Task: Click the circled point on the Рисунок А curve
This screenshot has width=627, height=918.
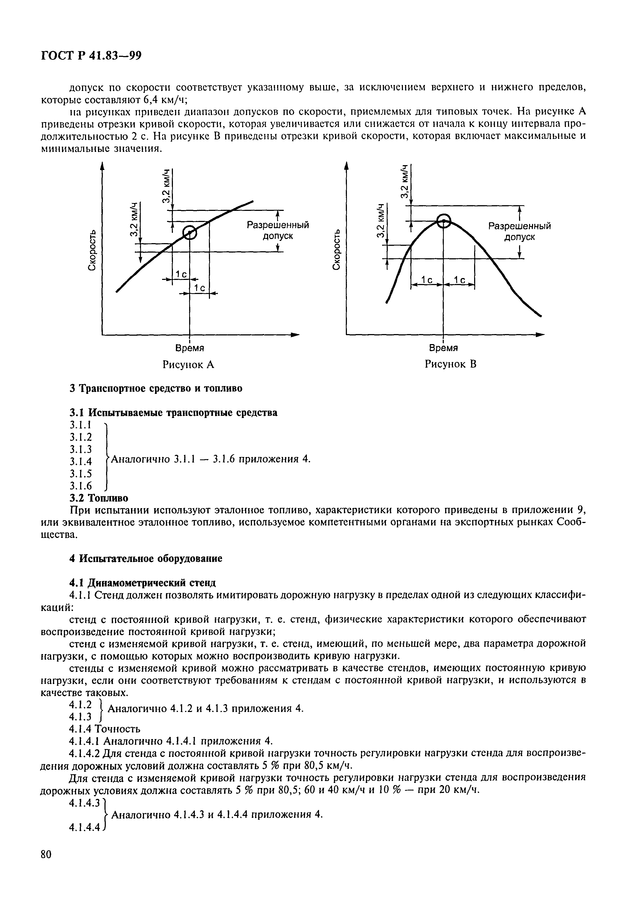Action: tap(189, 232)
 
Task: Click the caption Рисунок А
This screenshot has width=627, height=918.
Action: tap(188, 364)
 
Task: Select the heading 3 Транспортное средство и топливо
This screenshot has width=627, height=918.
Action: tap(156, 388)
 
